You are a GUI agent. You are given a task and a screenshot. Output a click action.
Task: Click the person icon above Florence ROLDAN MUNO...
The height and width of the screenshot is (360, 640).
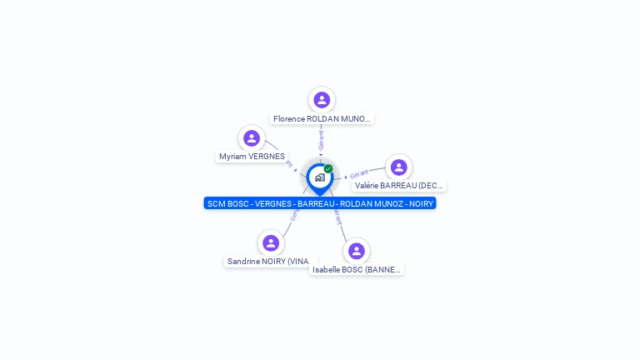click(x=322, y=100)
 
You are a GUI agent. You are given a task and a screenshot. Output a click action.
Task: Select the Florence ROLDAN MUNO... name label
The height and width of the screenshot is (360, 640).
click(x=322, y=119)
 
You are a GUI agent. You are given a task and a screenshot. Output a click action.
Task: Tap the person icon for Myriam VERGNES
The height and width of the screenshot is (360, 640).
click(x=252, y=138)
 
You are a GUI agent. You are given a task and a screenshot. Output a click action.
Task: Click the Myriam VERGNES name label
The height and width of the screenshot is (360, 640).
click(x=252, y=157)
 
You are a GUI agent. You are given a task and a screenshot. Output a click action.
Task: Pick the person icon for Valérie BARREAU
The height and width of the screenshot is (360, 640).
click(x=399, y=167)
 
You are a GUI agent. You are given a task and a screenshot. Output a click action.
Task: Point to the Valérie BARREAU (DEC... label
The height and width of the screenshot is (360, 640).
click(x=399, y=186)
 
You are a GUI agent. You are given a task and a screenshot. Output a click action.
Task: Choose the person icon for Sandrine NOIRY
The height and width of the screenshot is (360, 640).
click(x=270, y=243)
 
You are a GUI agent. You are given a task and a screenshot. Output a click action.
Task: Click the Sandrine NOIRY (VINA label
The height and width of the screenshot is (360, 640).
click(x=268, y=262)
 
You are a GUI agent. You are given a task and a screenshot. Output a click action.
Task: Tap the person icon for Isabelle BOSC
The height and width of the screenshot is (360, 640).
click(x=357, y=251)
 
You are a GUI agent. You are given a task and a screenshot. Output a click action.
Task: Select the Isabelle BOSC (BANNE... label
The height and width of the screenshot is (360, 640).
click(x=357, y=270)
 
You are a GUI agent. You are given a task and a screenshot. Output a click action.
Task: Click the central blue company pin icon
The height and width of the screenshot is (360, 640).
click(x=319, y=177)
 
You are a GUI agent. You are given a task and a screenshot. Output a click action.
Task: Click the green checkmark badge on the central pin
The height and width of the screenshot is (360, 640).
click(x=328, y=168)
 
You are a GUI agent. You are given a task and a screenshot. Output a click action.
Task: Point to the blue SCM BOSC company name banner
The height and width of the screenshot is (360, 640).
click(x=320, y=203)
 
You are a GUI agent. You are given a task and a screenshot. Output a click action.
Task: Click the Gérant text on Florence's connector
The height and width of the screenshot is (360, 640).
click(x=321, y=139)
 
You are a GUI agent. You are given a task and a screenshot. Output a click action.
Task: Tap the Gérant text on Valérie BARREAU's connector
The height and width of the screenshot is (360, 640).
click(x=360, y=174)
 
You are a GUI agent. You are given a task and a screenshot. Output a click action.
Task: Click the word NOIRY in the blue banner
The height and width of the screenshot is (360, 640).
click(x=421, y=203)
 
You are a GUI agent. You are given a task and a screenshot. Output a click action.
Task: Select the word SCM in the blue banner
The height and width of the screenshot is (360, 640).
click(x=217, y=203)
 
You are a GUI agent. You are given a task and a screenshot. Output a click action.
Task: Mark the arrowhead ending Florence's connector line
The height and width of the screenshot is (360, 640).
click(x=321, y=155)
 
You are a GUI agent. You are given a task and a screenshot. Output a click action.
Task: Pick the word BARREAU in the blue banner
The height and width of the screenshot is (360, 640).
click(x=316, y=203)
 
